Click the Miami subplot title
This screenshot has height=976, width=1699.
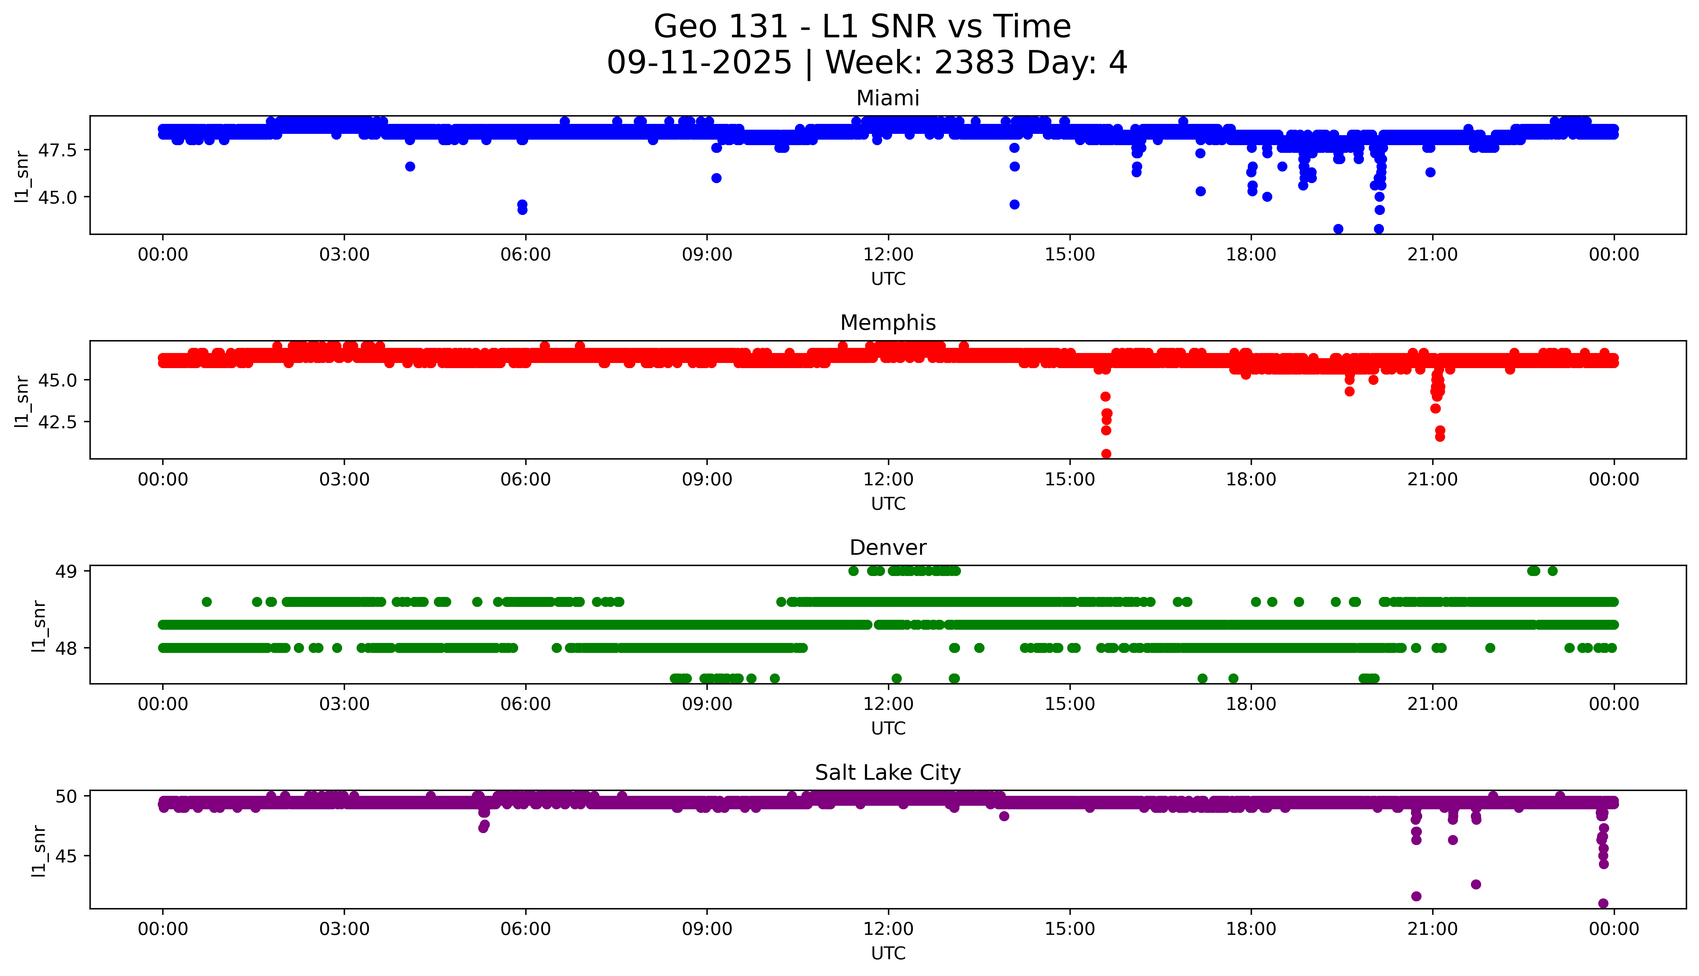pos(887,98)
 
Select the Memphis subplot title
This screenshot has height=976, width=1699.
pos(887,323)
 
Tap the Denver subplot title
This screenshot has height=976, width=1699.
pos(887,548)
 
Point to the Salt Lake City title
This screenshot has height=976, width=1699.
pos(887,773)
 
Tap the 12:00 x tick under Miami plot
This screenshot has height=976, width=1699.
pos(888,255)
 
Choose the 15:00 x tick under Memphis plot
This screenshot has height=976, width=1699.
pos(1070,479)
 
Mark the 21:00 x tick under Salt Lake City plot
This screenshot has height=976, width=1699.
pos(1432,929)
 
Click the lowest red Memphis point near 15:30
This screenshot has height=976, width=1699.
pos(1106,454)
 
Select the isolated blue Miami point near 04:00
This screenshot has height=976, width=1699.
pos(410,166)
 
